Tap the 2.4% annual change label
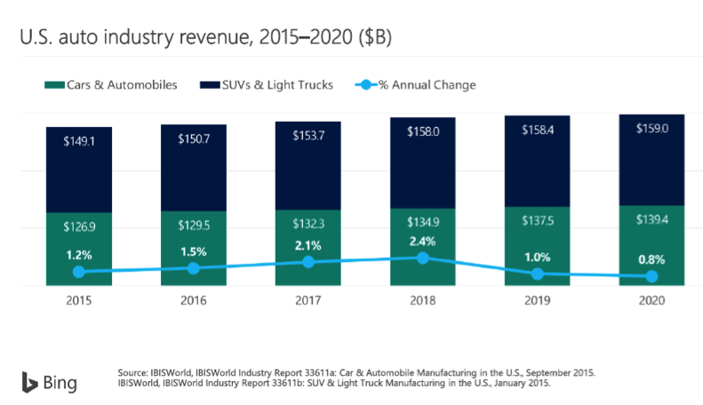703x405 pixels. click(x=422, y=239)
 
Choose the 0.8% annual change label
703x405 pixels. click(x=651, y=259)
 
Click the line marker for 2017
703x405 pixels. click(x=308, y=262)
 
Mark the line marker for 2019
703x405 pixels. click(x=537, y=274)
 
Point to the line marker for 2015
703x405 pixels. click(x=79, y=272)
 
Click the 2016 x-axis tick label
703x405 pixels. click(x=193, y=301)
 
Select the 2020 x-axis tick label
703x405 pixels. click(x=651, y=301)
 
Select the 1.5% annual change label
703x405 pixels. click(x=193, y=250)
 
